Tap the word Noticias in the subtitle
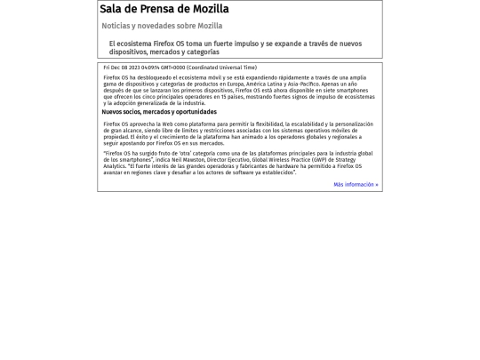point(116,27)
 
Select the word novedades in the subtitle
point(163,27)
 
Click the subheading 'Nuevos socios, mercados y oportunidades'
point(159,113)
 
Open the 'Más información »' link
point(356,185)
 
